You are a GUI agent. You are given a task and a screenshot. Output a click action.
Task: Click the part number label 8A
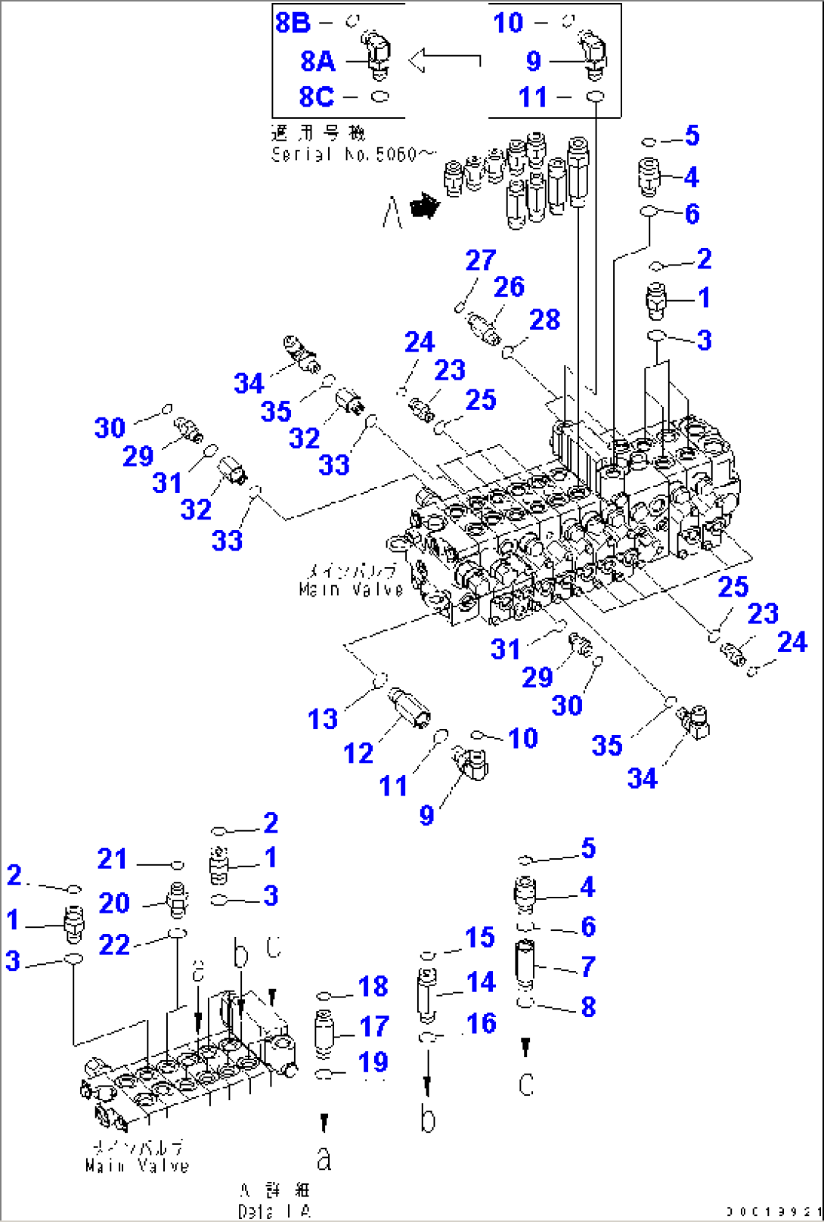[318, 60]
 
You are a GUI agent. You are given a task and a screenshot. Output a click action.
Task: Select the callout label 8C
[316, 97]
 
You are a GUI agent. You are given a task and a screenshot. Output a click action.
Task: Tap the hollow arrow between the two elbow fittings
[444, 59]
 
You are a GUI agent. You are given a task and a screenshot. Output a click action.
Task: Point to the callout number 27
[480, 260]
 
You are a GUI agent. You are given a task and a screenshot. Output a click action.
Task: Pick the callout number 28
[544, 320]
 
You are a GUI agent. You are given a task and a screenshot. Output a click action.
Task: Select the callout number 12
[358, 753]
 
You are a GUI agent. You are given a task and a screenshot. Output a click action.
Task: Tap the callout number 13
[322, 718]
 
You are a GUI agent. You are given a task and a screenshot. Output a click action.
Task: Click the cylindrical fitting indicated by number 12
[408, 706]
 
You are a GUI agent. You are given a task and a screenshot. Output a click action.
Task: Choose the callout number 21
[112, 859]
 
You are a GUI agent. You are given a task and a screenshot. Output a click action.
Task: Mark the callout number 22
[114, 944]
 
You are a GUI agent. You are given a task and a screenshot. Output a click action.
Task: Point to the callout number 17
[373, 1026]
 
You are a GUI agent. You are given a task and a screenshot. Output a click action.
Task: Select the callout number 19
[373, 1062]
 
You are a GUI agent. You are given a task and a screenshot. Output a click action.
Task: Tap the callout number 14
[481, 982]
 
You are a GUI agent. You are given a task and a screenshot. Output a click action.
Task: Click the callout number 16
[482, 1024]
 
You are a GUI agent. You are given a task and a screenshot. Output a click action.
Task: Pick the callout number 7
[588, 966]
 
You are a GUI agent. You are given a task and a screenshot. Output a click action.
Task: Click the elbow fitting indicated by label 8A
[378, 54]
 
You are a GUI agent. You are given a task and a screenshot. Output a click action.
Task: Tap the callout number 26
[509, 287]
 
